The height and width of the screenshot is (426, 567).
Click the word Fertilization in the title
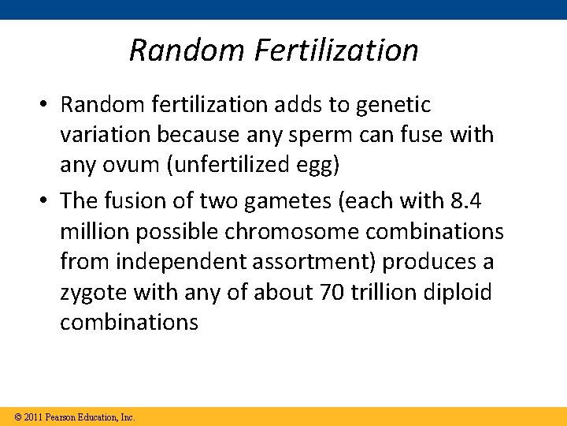pos(336,50)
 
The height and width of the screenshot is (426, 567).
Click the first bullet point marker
pos(46,105)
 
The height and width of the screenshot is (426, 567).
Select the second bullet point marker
pos(46,201)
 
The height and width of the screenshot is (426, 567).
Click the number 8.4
pos(465,200)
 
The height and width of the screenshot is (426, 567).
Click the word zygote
pos(94,293)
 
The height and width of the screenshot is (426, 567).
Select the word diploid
pos(457,293)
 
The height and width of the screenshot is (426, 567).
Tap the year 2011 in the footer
pos(33,417)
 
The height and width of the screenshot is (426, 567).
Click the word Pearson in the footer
pos(61,417)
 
